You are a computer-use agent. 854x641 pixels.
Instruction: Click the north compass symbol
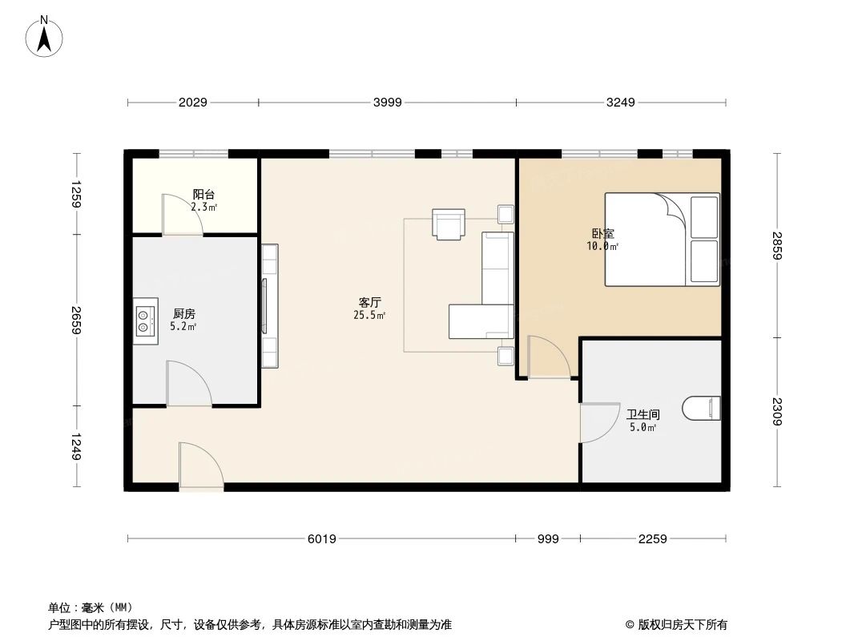click(x=46, y=35)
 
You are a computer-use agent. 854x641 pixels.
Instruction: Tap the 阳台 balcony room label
click(x=203, y=195)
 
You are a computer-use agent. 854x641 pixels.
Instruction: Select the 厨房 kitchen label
click(x=184, y=314)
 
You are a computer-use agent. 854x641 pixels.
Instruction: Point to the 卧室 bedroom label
click(x=603, y=234)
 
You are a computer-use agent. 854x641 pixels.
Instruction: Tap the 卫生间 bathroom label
click(x=643, y=415)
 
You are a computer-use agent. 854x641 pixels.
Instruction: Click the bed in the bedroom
click(x=662, y=239)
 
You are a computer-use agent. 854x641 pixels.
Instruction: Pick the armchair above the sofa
click(x=448, y=223)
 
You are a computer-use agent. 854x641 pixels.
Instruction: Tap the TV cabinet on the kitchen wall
click(x=270, y=305)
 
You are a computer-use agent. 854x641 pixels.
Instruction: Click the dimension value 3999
click(x=387, y=102)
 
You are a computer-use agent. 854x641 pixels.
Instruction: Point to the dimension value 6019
click(x=321, y=538)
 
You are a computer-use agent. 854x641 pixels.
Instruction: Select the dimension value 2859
click(x=776, y=245)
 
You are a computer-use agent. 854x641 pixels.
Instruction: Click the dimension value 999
click(x=548, y=538)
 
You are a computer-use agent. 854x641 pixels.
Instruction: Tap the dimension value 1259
click(x=77, y=194)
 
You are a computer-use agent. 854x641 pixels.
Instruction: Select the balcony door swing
click(x=181, y=215)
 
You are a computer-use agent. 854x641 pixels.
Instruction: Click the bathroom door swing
click(x=598, y=422)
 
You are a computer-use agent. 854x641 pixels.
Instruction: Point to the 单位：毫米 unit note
click(x=91, y=607)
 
